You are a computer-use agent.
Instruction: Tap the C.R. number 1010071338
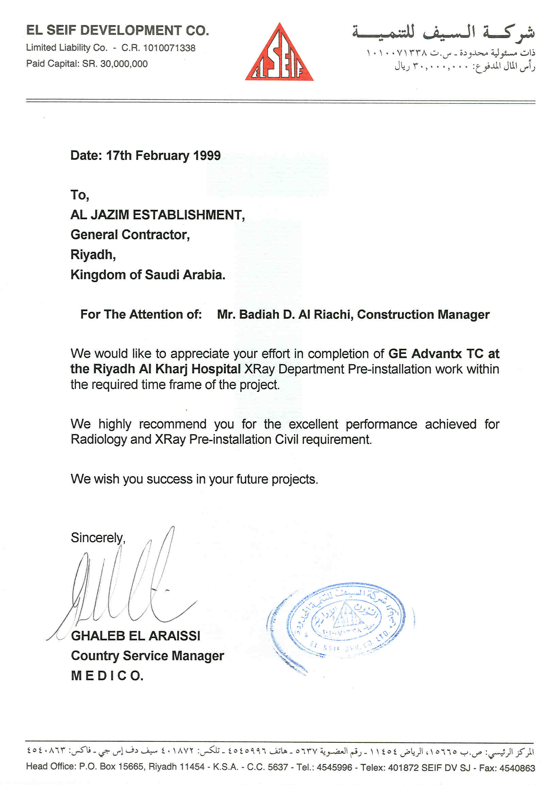[169, 48]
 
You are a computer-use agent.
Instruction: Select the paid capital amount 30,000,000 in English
[124, 64]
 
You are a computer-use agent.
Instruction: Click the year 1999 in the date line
[207, 156]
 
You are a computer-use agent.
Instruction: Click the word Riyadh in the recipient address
[92, 255]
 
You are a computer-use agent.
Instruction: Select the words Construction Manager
[423, 314]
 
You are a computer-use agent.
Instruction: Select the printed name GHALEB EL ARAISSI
[135, 636]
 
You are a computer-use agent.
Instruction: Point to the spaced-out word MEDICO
[107, 675]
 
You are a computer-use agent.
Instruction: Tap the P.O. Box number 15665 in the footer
[129, 767]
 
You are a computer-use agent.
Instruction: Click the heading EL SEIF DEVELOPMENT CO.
[117, 31]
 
